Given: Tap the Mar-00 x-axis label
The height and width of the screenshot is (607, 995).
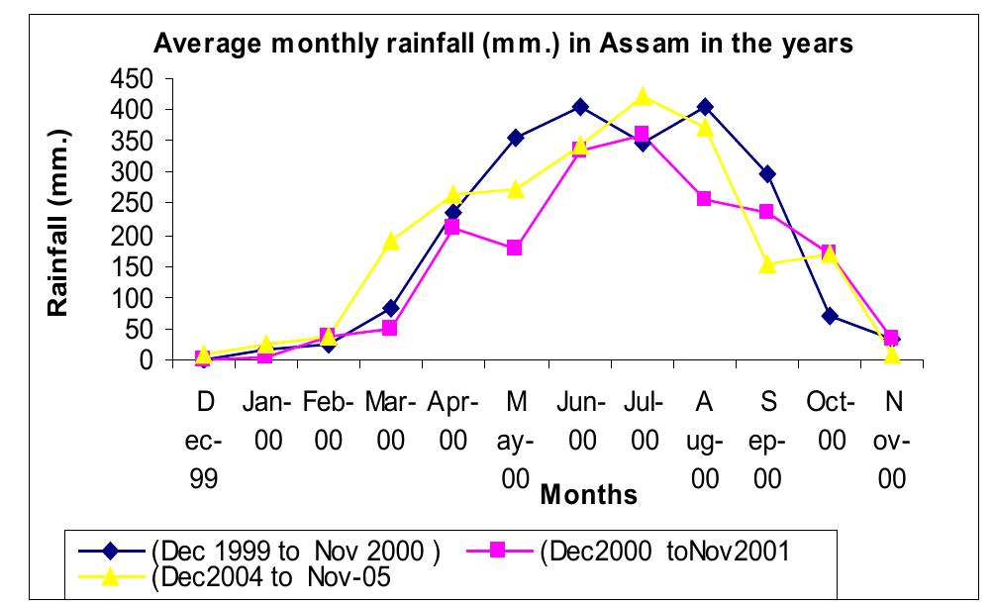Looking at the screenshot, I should [391, 424].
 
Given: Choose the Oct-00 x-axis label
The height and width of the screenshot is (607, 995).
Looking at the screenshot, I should [830, 424].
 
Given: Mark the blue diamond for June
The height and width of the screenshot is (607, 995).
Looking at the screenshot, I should [580, 106].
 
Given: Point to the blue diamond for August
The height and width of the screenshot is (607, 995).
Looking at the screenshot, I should [705, 106].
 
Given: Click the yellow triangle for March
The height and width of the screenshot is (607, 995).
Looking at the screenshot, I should [391, 241].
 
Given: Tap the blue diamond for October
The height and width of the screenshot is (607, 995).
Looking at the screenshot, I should [830, 316].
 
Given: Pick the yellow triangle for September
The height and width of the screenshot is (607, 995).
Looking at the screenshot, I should [767, 264].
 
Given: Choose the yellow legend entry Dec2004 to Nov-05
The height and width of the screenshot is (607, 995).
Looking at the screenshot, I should [268, 579].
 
